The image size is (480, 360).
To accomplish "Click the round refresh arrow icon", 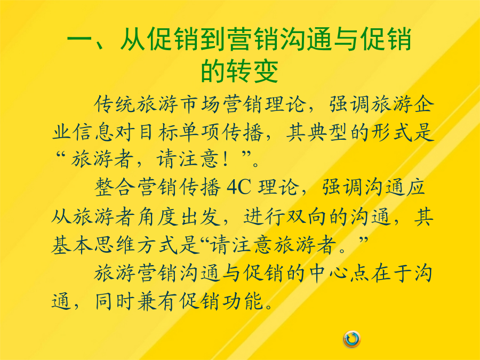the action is click(352, 339).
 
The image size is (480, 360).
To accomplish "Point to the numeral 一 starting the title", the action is click(80, 39).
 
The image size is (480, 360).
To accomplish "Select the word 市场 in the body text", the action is click(200, 105).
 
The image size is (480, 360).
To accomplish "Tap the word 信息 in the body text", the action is click(94, 133).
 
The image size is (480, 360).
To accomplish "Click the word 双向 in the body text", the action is click(306, 217).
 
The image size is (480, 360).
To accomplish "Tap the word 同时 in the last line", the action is click(115, 301).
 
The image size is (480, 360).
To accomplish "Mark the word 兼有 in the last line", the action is click(158, 301).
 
